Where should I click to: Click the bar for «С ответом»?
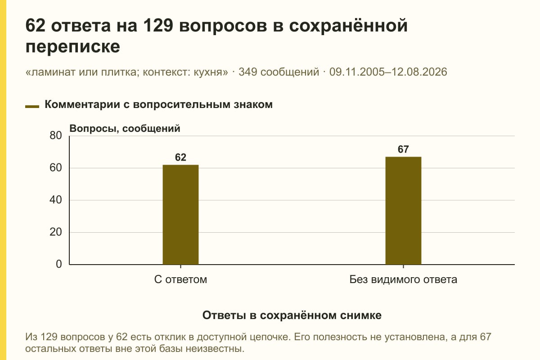click(x=180, y=215)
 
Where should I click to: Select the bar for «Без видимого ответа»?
click(x=403, y=211)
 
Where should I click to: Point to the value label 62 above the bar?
click(x=180, y=157)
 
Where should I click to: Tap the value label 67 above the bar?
click(x=403, y=149)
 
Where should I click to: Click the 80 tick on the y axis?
click(x=56, y=135)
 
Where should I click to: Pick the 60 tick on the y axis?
click(x=56, y=168)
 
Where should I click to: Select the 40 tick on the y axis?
click(x=56, y=200)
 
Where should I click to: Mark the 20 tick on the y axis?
click(x=56, y=232)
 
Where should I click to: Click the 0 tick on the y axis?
click(x=59, y=264)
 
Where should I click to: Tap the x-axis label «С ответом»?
click(x=180, y=279)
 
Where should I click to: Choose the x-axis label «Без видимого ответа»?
click(x=403, y=279)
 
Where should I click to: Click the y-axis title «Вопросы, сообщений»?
click(x=125, y=129)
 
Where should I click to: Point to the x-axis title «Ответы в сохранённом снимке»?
click(x=292, y=315)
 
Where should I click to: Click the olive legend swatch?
click(x=32, y=107)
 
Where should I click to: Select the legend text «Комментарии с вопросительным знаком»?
click(x=158, y=105)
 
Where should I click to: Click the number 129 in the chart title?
click(x=158, y=25)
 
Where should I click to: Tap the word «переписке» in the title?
click(x=73, y=47)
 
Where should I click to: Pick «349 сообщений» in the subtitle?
click(x=279, y=72)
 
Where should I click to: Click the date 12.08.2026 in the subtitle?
click(x=419, y=72)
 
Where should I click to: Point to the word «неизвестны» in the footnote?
click(x=215, y=349)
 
